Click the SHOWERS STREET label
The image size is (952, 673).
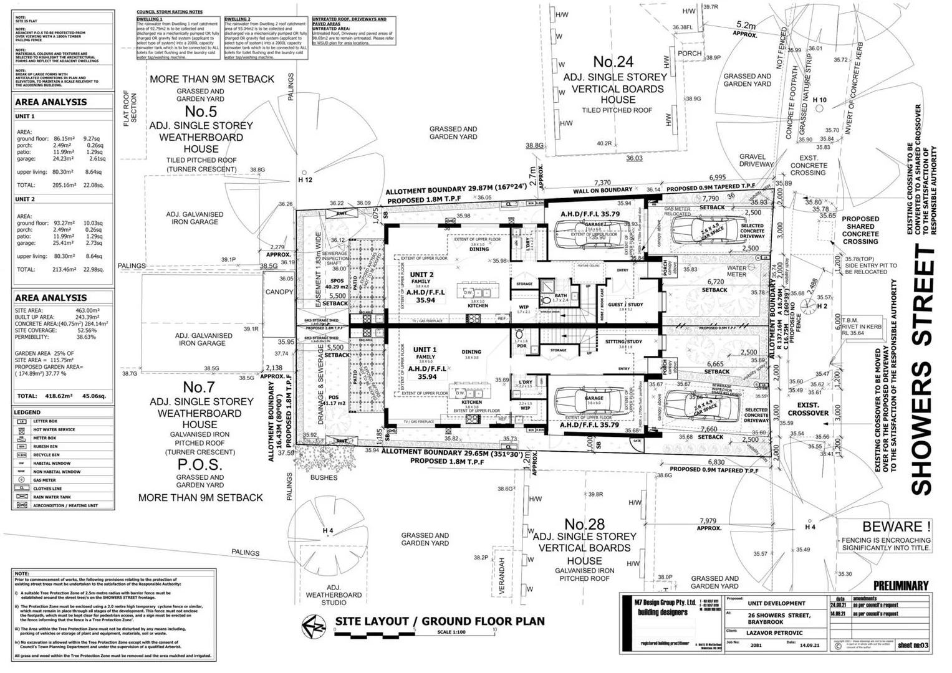click(x=923, y=370)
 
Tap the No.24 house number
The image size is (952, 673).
click(x=613, y=62)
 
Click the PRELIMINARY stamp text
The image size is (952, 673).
click(x=901, y=586)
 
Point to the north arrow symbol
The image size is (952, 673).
click(x=314, y=626)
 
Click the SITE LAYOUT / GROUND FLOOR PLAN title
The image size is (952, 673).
click(x=440, y=621)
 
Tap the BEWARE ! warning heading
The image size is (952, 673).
click(x=897, y=527)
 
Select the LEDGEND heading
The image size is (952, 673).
click(x=28, y=413)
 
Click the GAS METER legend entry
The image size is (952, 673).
click(x=45, y=480)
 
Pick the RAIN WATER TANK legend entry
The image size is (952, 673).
click(x=52, y=497)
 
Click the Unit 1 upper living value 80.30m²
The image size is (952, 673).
click(x=64, y=172)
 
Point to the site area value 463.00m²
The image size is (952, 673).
click(x=88, y=310)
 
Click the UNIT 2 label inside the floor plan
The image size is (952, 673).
click(x=421, y=275)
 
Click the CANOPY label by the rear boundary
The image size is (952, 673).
click(x=279, y=292)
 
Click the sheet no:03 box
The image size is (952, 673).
click(x=913, y=646)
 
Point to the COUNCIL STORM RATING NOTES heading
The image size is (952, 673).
click(x=170, y=12)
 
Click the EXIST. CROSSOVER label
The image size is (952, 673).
click(x=808, y=409)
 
